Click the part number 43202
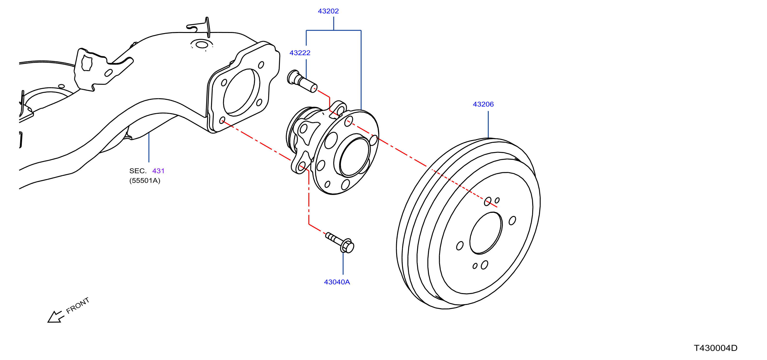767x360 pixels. click(x=328, y=11)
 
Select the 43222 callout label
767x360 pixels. click(x=300, y=53)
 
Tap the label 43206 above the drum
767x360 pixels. click(x=483, y=104)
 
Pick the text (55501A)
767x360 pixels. click(x=145, y=180)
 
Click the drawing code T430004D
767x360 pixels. click(x=716, y=348)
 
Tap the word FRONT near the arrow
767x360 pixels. click(x=78, y=305)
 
